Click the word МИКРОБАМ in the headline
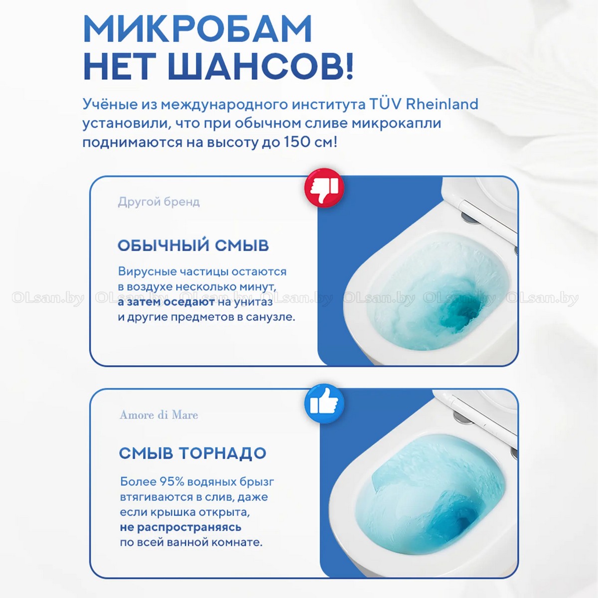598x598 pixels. click(x=197, y=28)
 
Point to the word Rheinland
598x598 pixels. click(x=442, y=104)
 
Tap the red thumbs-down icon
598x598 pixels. click(x=324, y=188)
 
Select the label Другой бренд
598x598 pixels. click(x=159, y=202)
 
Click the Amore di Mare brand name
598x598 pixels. click(x=159, y=415)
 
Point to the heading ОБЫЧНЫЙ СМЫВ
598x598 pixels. click(x=193, y=245)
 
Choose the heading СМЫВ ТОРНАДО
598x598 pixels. click(x=193, y=453)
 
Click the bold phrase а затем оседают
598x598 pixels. click(x=166, y=302)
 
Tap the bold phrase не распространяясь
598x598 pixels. click(x=180, y=527)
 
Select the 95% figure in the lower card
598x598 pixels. click(x=171, y=481)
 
